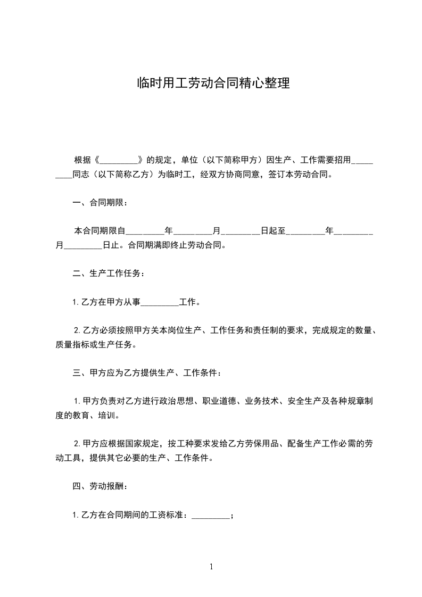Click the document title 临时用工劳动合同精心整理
213,83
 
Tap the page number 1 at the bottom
211,567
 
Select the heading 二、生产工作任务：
108,274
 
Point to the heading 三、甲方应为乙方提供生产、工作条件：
147,374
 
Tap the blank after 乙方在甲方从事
160,303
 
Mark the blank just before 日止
82,246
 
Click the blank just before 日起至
240,231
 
